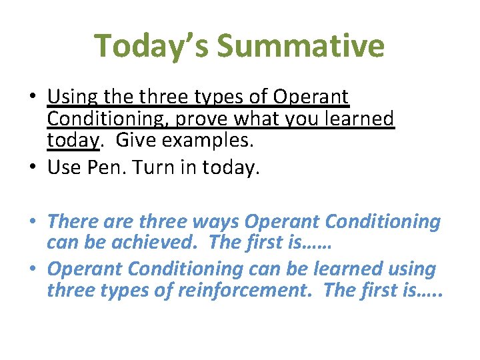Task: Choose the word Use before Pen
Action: pyautogui.click(x=67, y=169)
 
